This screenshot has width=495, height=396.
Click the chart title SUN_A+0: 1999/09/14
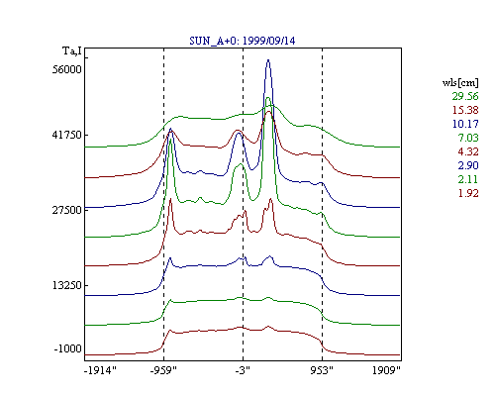click(243, 41)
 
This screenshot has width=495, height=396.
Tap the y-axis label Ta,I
click(72, 51)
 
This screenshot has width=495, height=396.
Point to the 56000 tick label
click(67, 69)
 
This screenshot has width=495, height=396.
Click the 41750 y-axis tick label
click(67, 135)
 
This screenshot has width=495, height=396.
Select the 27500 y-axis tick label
click(67, 210)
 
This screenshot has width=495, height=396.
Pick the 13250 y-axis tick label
click(67, 285)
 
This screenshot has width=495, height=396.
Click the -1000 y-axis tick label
click(67, 348)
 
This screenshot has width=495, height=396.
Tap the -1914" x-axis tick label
click(101, 370)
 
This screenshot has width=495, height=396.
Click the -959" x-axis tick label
click(163, 370)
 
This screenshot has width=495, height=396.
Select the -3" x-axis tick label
click(243, 370)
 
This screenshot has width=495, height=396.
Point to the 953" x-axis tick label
click(322, 370)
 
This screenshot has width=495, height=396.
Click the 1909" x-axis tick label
click(386, 370)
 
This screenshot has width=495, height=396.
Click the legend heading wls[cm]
click(460, 82)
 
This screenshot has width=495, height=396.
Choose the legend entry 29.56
click(465, 96)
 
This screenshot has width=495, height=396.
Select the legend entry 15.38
click(465, 110)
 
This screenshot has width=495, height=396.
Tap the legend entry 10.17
click(465, 124)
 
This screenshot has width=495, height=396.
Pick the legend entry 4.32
click(468, 151)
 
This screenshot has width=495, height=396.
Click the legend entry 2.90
click(468, 165)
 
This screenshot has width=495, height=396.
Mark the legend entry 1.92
click(468, 193)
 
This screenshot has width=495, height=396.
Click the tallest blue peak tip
click(268, 59)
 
